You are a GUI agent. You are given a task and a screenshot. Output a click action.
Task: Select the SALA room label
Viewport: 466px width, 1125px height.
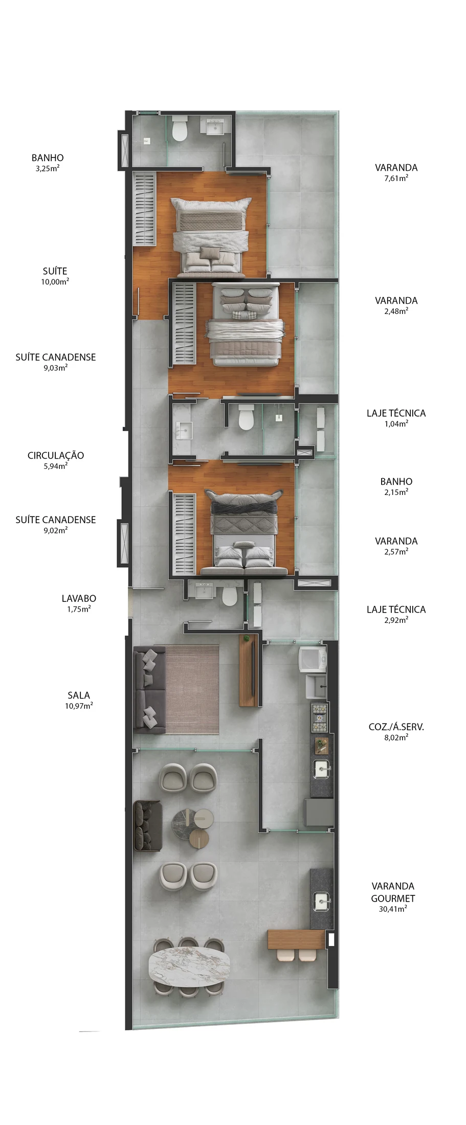click(x=79, y=695)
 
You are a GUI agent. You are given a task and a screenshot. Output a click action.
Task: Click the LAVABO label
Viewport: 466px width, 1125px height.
click(x=79, y=598)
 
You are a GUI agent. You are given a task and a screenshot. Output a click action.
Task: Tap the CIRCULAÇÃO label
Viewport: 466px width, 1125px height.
click(x=56, y=455)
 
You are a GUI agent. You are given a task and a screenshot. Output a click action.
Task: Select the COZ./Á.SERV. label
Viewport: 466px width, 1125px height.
click(x=396, y=726)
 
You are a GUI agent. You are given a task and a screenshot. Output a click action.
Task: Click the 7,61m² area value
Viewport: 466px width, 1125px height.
click(x=396, y=178)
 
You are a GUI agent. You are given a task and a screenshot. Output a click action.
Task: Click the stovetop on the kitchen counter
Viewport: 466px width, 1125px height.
click(x=320, y=716)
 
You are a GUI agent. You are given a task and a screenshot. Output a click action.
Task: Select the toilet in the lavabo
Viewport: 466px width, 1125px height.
click(x=229, y=595)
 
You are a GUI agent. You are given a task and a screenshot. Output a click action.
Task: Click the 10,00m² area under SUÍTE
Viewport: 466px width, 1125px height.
click(x=55, y=282)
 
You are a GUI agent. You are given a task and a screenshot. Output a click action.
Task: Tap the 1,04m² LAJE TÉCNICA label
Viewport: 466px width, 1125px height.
click(x=396, y=418)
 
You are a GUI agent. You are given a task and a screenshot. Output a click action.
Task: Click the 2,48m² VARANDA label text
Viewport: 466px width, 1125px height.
click(x=396, y=305)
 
